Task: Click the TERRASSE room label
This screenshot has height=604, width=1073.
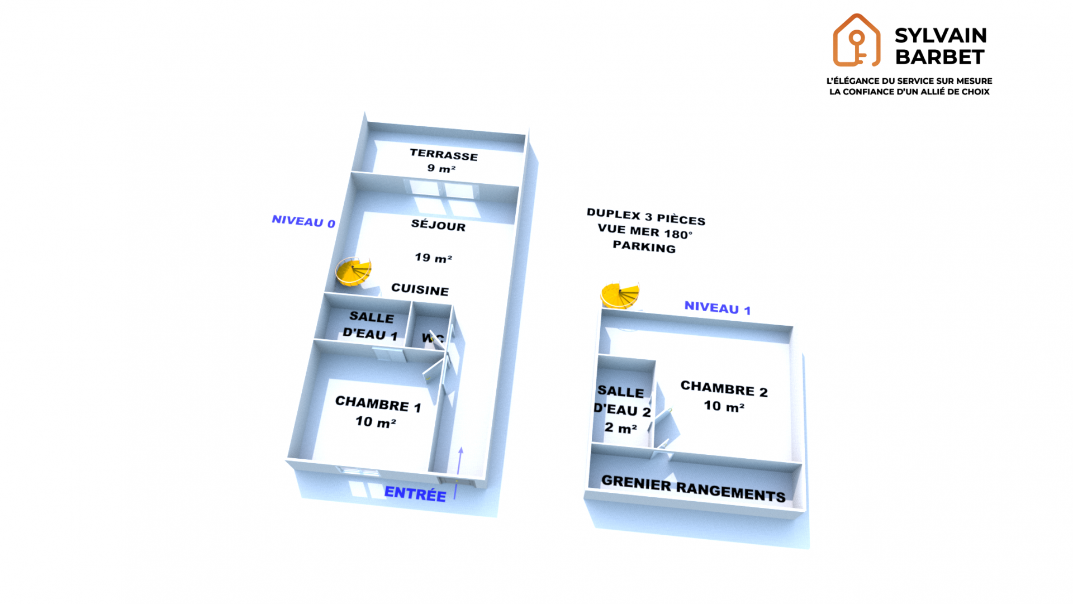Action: pos(444,155)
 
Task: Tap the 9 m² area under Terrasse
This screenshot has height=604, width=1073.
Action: pos(441,168)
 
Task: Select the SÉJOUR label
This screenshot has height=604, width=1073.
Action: pos(438,225)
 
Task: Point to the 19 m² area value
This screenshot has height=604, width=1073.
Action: pos(433,258)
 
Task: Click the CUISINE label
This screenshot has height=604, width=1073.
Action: pos(420,289)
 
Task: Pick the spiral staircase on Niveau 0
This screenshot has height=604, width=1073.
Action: pos(353,272)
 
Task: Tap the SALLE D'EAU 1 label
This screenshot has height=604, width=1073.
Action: pos(371,326)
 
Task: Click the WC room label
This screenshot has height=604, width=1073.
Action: pos(432,338)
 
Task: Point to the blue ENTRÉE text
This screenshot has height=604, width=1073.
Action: pos(415,493)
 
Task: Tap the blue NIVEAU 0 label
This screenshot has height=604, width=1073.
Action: pos(303,221)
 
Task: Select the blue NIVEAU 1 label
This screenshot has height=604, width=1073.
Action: pos(718,308)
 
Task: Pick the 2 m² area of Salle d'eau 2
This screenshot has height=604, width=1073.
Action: pos(620,428)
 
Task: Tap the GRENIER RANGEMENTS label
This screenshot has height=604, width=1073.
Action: pos(694,489)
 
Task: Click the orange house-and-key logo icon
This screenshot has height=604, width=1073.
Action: pos(856,40)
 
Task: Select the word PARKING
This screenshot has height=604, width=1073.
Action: pos(644,246)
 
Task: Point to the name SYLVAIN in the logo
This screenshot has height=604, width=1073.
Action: pos(941,36)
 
